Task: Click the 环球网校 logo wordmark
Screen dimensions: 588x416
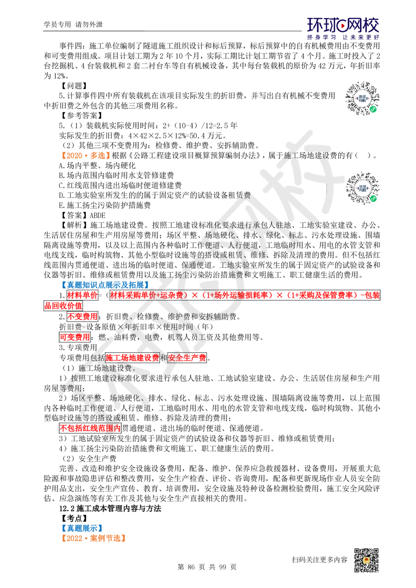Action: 343,25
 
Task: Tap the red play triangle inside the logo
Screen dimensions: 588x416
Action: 343,26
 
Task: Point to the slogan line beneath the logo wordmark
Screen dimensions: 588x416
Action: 343,37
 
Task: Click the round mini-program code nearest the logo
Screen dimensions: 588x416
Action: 362,100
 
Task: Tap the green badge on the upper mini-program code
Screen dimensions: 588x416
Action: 373,109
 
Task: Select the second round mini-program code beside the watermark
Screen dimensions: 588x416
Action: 362,188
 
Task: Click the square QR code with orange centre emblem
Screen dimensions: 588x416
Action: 366,561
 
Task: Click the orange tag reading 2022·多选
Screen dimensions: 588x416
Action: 85,155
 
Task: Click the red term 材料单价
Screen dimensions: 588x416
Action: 82,295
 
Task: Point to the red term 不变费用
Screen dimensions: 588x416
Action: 82,316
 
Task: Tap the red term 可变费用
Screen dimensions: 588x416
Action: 75,337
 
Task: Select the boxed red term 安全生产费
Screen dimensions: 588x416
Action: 187,357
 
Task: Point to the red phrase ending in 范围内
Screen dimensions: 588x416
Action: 90,428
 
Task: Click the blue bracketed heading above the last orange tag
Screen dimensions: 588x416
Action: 82,527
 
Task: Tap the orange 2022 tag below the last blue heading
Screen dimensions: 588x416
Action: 93,537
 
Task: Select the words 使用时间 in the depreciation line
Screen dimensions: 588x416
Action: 178,326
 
